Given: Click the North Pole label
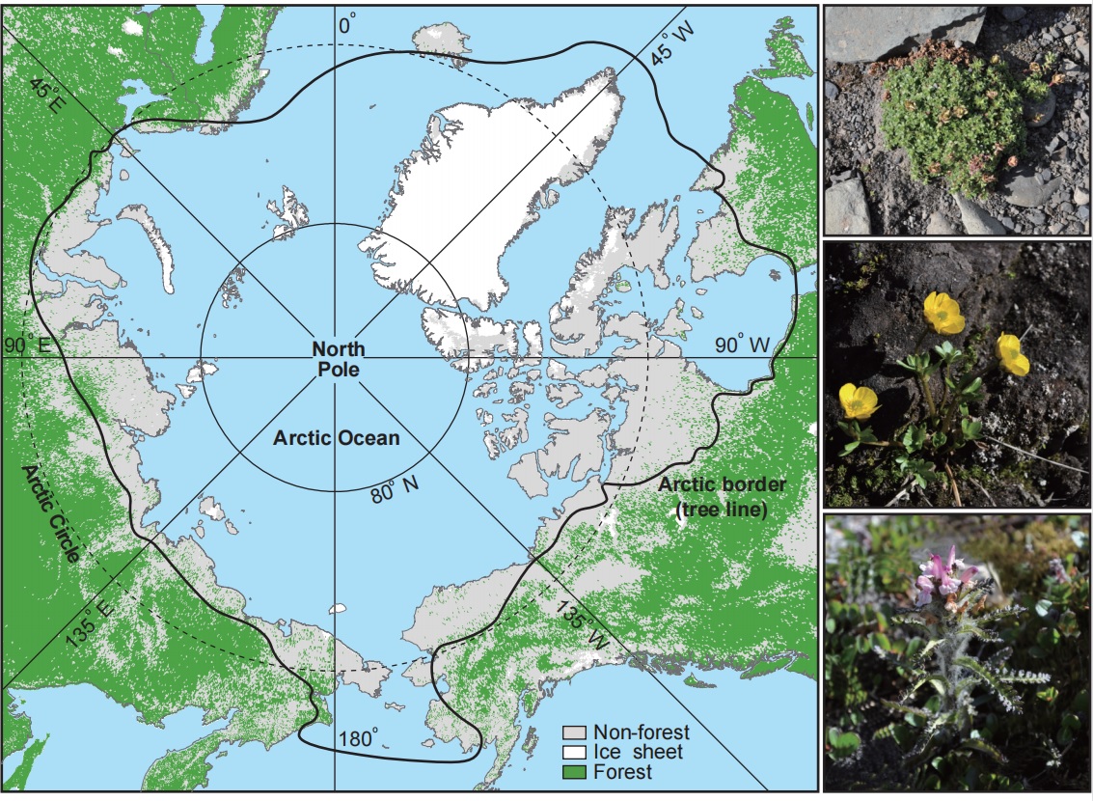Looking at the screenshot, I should click(338, 357).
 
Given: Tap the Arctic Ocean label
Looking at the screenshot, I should click(335, 438).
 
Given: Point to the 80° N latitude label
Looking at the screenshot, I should click(394, 493).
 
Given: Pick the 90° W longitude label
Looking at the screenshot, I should click(742, 345).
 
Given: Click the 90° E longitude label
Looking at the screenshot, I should click(26, 345).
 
